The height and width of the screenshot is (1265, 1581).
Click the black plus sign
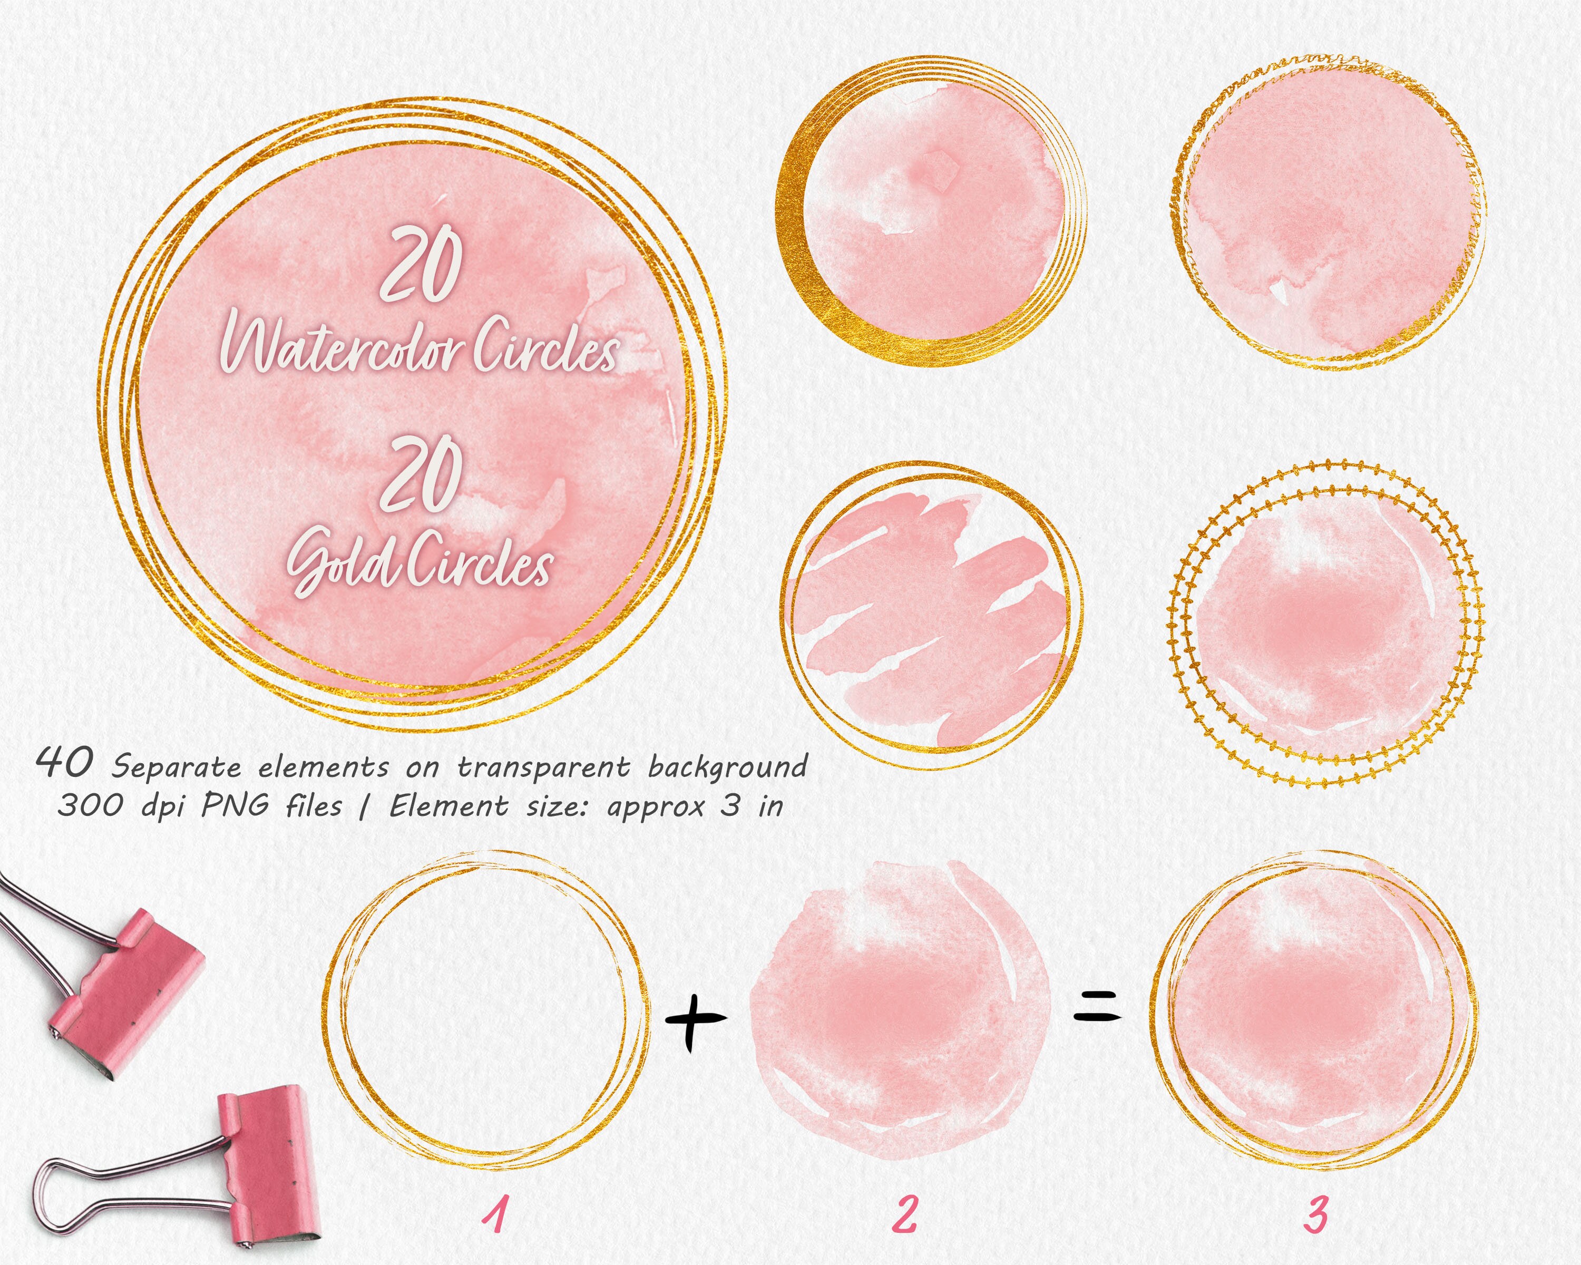pos(695,1019)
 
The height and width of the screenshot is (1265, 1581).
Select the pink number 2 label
pos(905,1214)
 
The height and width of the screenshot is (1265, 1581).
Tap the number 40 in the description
pos(64,763)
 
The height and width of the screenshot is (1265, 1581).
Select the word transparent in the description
pos(543,767)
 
